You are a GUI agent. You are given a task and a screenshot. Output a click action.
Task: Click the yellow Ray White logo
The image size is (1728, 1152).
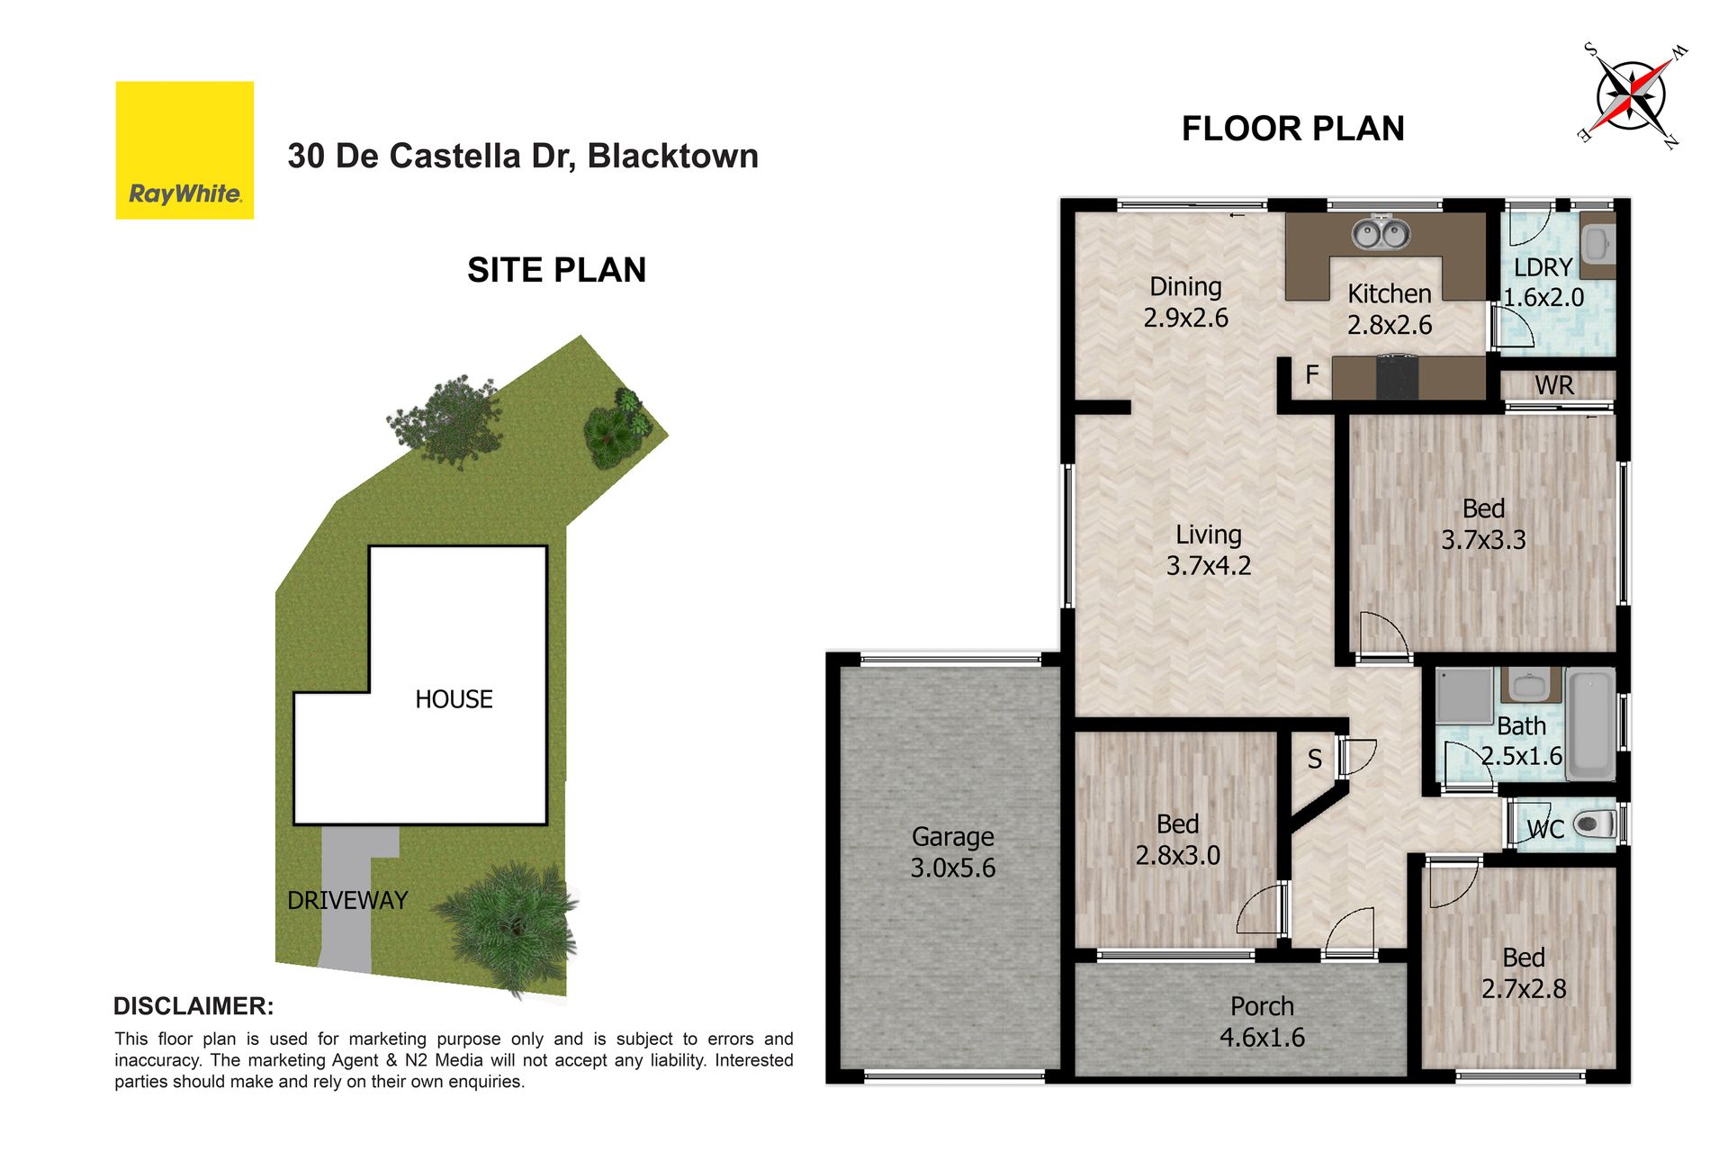184,150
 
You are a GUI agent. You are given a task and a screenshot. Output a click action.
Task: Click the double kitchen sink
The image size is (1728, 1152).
1381,235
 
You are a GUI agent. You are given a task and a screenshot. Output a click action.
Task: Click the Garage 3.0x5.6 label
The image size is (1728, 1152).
953,852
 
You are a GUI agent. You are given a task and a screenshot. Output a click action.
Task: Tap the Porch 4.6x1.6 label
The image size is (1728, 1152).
1262,1021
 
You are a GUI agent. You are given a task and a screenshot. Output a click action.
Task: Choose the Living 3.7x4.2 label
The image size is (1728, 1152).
1209,550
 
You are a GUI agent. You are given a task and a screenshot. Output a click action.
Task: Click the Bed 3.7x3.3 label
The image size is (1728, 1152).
1483,524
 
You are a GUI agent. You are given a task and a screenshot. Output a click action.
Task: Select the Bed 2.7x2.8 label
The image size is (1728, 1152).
1524,973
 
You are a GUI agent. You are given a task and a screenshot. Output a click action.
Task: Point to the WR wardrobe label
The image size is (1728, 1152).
1554,385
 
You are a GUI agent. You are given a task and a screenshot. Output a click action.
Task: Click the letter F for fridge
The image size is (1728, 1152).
1312,374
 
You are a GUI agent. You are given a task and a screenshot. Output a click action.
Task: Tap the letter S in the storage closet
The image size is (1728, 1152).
1315,760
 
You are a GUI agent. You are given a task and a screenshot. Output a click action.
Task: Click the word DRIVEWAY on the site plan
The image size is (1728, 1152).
347,900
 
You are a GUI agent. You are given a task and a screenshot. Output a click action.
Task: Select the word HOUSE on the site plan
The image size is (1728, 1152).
454,699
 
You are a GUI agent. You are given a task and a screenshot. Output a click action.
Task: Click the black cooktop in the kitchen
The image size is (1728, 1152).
1397,377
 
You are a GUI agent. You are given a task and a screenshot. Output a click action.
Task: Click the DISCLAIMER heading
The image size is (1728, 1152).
193,1006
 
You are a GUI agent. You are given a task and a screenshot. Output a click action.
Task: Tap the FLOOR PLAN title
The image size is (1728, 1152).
1292,129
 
